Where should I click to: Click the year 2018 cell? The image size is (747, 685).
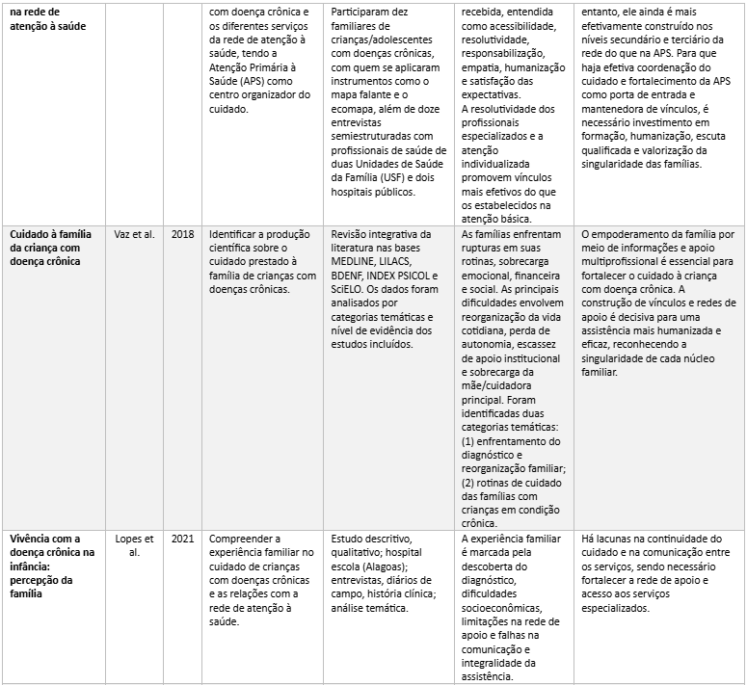[x=181, y=234]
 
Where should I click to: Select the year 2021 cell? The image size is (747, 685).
[x=181, y=538]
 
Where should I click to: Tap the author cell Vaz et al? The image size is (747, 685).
[x=133, y=234]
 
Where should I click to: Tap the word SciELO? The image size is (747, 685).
[x=350, y=289]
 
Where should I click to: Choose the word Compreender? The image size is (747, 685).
[x=246, y=538]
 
